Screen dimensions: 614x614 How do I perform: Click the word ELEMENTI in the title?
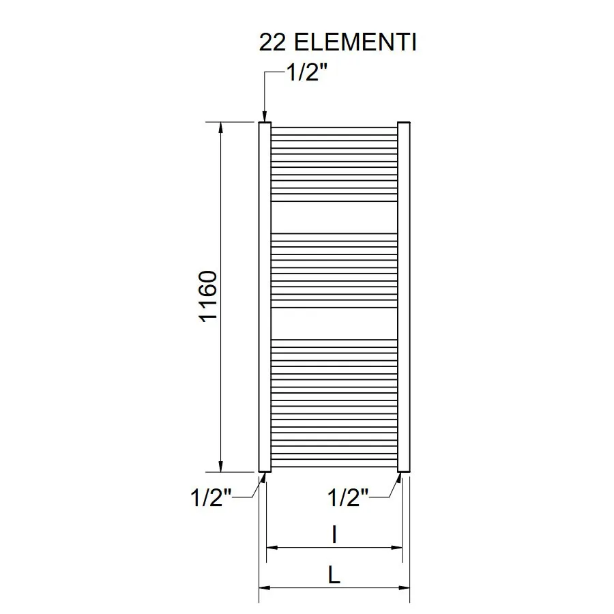tap(355, 42)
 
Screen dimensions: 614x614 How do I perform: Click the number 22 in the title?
tap(272, 42)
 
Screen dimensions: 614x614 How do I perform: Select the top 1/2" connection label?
tap(307, 72)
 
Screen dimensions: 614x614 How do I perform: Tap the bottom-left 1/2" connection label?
tap(211, 497)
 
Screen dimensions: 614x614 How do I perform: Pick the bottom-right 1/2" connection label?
tap(348, 497)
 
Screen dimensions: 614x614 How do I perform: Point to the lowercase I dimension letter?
tap(334, 534)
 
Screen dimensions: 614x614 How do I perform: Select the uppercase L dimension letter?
tap(334, 575)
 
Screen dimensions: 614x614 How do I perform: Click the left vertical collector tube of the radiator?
tap(265, 297)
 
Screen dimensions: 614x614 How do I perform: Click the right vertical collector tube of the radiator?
tap(404, 297)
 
